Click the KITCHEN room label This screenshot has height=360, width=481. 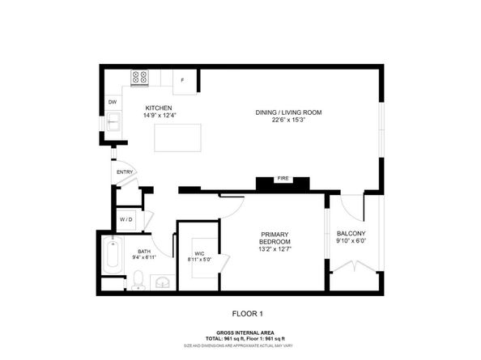(x=158, y=108)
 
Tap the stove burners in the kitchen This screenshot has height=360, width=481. (x=140, y=78)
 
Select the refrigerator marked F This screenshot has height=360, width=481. (x=183, y=79)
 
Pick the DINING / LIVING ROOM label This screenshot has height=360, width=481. (x=288, y=112)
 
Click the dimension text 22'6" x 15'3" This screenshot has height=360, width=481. (x=288, y=120)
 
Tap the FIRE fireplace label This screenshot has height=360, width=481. (x=283, y=179)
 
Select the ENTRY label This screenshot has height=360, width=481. (x=125, y=172)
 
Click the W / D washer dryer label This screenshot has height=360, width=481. (x=126, y=219)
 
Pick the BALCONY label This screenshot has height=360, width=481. (x=351, y=235)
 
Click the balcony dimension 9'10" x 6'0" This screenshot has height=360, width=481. (x=351, y=242)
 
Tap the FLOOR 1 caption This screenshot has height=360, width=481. (x=247, y=313)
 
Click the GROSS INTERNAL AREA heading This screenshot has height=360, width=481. (x=247, y=332)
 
